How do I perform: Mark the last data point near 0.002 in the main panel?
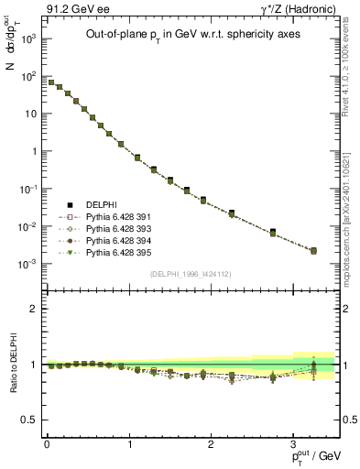coord(314,250)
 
